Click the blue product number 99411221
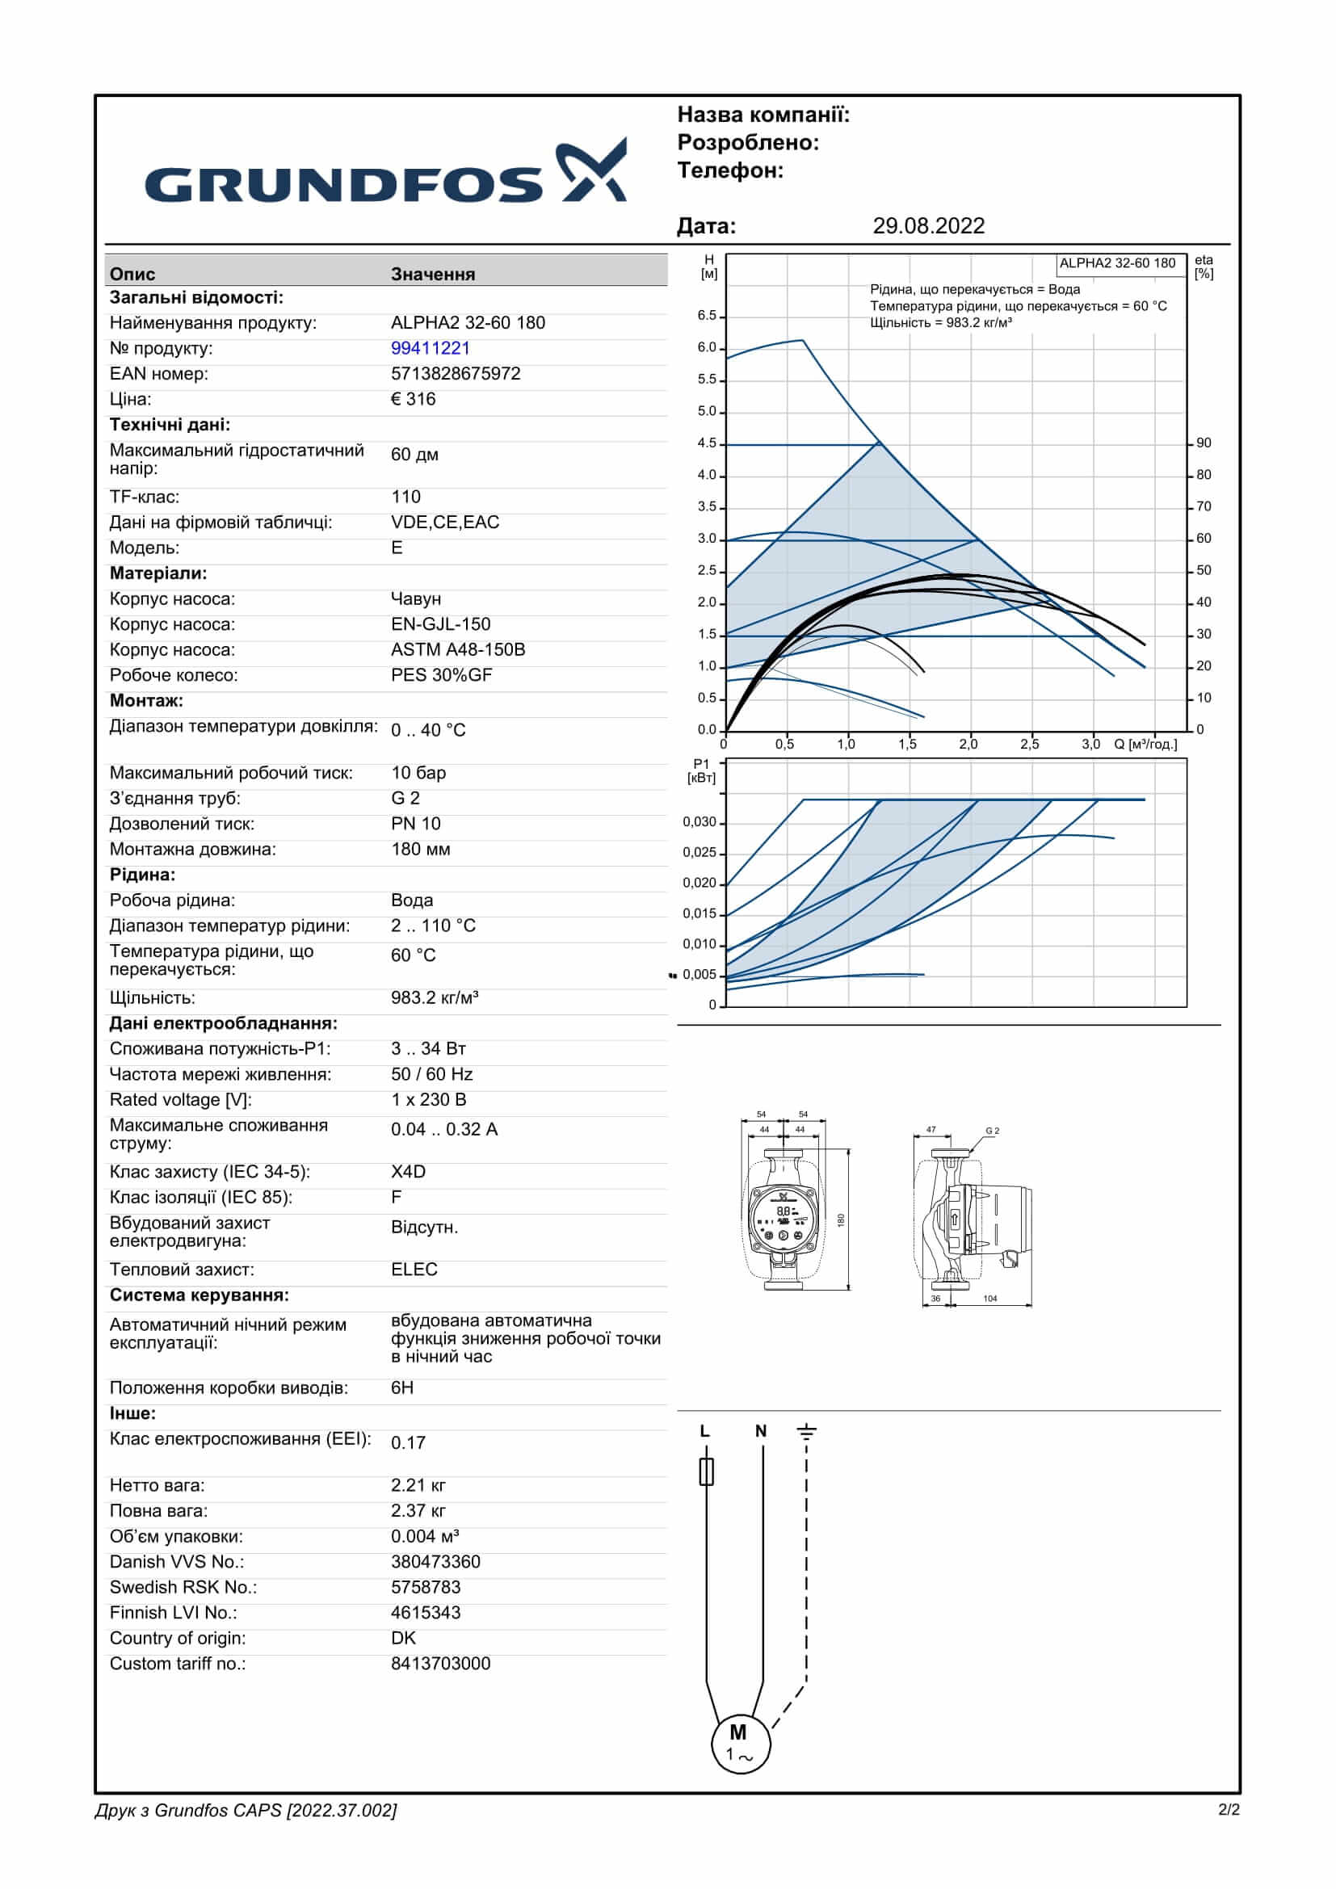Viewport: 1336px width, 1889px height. tap(431, 348)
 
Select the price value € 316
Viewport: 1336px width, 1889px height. tap(413, 399)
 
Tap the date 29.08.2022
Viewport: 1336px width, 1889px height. tap(928, 226)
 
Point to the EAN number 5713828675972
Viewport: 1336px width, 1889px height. tap(455, 374)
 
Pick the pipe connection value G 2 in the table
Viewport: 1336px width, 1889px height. tap(405, 798)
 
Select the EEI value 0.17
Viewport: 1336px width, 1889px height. tap(408, 1442)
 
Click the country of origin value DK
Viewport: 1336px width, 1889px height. tap(403, 1638)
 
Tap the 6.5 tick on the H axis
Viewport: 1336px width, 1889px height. tap(707, 316)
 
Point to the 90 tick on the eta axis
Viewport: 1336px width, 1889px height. tap(1204, 443)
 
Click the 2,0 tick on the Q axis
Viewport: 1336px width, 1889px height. tap(968, 745)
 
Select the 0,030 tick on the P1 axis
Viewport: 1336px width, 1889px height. tap(700, 822)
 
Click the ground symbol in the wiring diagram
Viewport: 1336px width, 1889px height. tap(806, 1433)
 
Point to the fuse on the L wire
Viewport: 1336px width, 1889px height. tap(706, 1472)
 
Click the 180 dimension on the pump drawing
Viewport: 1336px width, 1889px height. tap(841, 1220)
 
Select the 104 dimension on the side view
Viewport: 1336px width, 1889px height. tap(989, 1299)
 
